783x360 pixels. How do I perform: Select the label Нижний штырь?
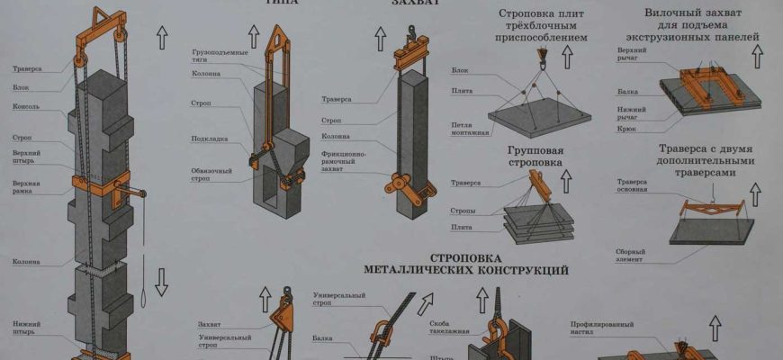[x=26, y=326]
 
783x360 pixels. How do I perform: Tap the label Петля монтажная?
[x=471, y=128]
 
